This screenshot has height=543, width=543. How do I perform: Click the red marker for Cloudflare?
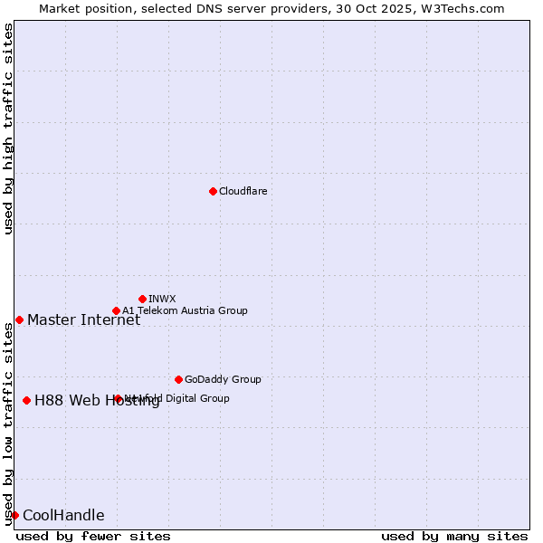pos(213,191)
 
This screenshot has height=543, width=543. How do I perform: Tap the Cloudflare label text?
pos(243,191)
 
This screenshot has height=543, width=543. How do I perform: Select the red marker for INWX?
pos(142,299)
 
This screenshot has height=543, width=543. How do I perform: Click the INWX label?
pos(162,299)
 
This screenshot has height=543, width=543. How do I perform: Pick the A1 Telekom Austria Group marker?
pos(116,310)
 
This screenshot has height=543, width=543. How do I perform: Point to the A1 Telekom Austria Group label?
pos(185,310)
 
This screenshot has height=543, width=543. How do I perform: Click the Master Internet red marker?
pos(19,319)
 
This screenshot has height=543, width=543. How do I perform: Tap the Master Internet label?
pos(83,319)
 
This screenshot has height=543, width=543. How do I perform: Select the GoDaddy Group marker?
pos(178,379)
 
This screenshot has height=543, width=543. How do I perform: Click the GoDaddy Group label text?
pos(223,379)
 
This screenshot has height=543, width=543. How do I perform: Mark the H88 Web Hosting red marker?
pos(26,400)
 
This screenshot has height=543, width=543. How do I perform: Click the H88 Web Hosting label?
pos(97,401)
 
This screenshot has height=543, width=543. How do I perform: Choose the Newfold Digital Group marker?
pos(118,398)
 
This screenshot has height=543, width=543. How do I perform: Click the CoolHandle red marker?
pos(14,515)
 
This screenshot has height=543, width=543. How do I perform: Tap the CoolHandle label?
pos(63,516)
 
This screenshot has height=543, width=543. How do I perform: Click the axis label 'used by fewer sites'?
pos(93,536)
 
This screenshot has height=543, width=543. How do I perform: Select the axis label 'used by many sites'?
pos(454,536)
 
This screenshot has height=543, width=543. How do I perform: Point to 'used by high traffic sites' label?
pos(8,129)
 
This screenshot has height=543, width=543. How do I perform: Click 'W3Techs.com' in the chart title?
pos(465,8)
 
